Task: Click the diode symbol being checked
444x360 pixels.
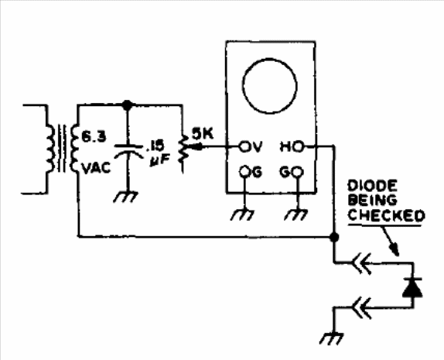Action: click(412, 287)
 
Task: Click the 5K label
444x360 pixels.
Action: click(202, 133)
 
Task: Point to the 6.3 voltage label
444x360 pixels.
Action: click(94, 136)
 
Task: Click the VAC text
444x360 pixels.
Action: click(96, 168)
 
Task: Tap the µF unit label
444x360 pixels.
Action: click(160, 161)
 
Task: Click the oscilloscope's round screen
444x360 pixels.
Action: click(269, 86)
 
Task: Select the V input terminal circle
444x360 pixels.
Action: click(244, 147)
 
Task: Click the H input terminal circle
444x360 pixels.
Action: click(298, 147)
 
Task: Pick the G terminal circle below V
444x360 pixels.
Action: click(244, 172)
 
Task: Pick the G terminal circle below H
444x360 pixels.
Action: click(298, 172)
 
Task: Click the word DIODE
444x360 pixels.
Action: click(372, 186)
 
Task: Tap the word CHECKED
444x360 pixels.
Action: click(386, 215)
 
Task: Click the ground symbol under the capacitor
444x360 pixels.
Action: click(126, 197)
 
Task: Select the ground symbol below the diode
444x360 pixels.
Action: click(331, 338)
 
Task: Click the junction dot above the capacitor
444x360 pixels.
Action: click(127, 105)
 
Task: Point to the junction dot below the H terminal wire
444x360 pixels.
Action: click(334, 237)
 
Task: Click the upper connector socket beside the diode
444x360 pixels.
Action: click(361, 263)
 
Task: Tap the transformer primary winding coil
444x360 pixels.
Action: click(50, 148)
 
